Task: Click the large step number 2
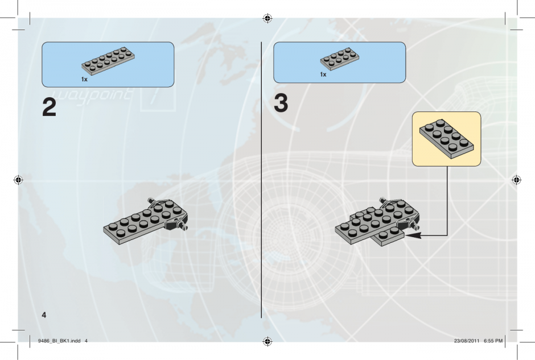[49, 107]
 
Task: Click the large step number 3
[281, 102]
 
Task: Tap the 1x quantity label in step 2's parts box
[84, 80]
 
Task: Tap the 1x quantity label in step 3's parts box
[323, 75]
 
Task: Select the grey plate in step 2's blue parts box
[108, 61]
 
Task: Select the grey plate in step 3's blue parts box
[339, 59]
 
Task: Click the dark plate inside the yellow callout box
[447, 139]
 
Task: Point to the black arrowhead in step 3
[414, 235]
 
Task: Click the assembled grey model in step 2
[146, 221]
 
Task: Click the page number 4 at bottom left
[44, 315]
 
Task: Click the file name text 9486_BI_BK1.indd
[59, 341]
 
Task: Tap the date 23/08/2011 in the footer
[467, 341]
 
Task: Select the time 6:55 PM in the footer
[493, 341]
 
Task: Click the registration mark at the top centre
[267, 18]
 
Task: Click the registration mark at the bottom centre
[267, 341]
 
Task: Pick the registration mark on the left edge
[18, 180]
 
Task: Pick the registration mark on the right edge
[517, 180]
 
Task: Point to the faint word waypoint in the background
[92, 95]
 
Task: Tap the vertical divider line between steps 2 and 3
[262, 180]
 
